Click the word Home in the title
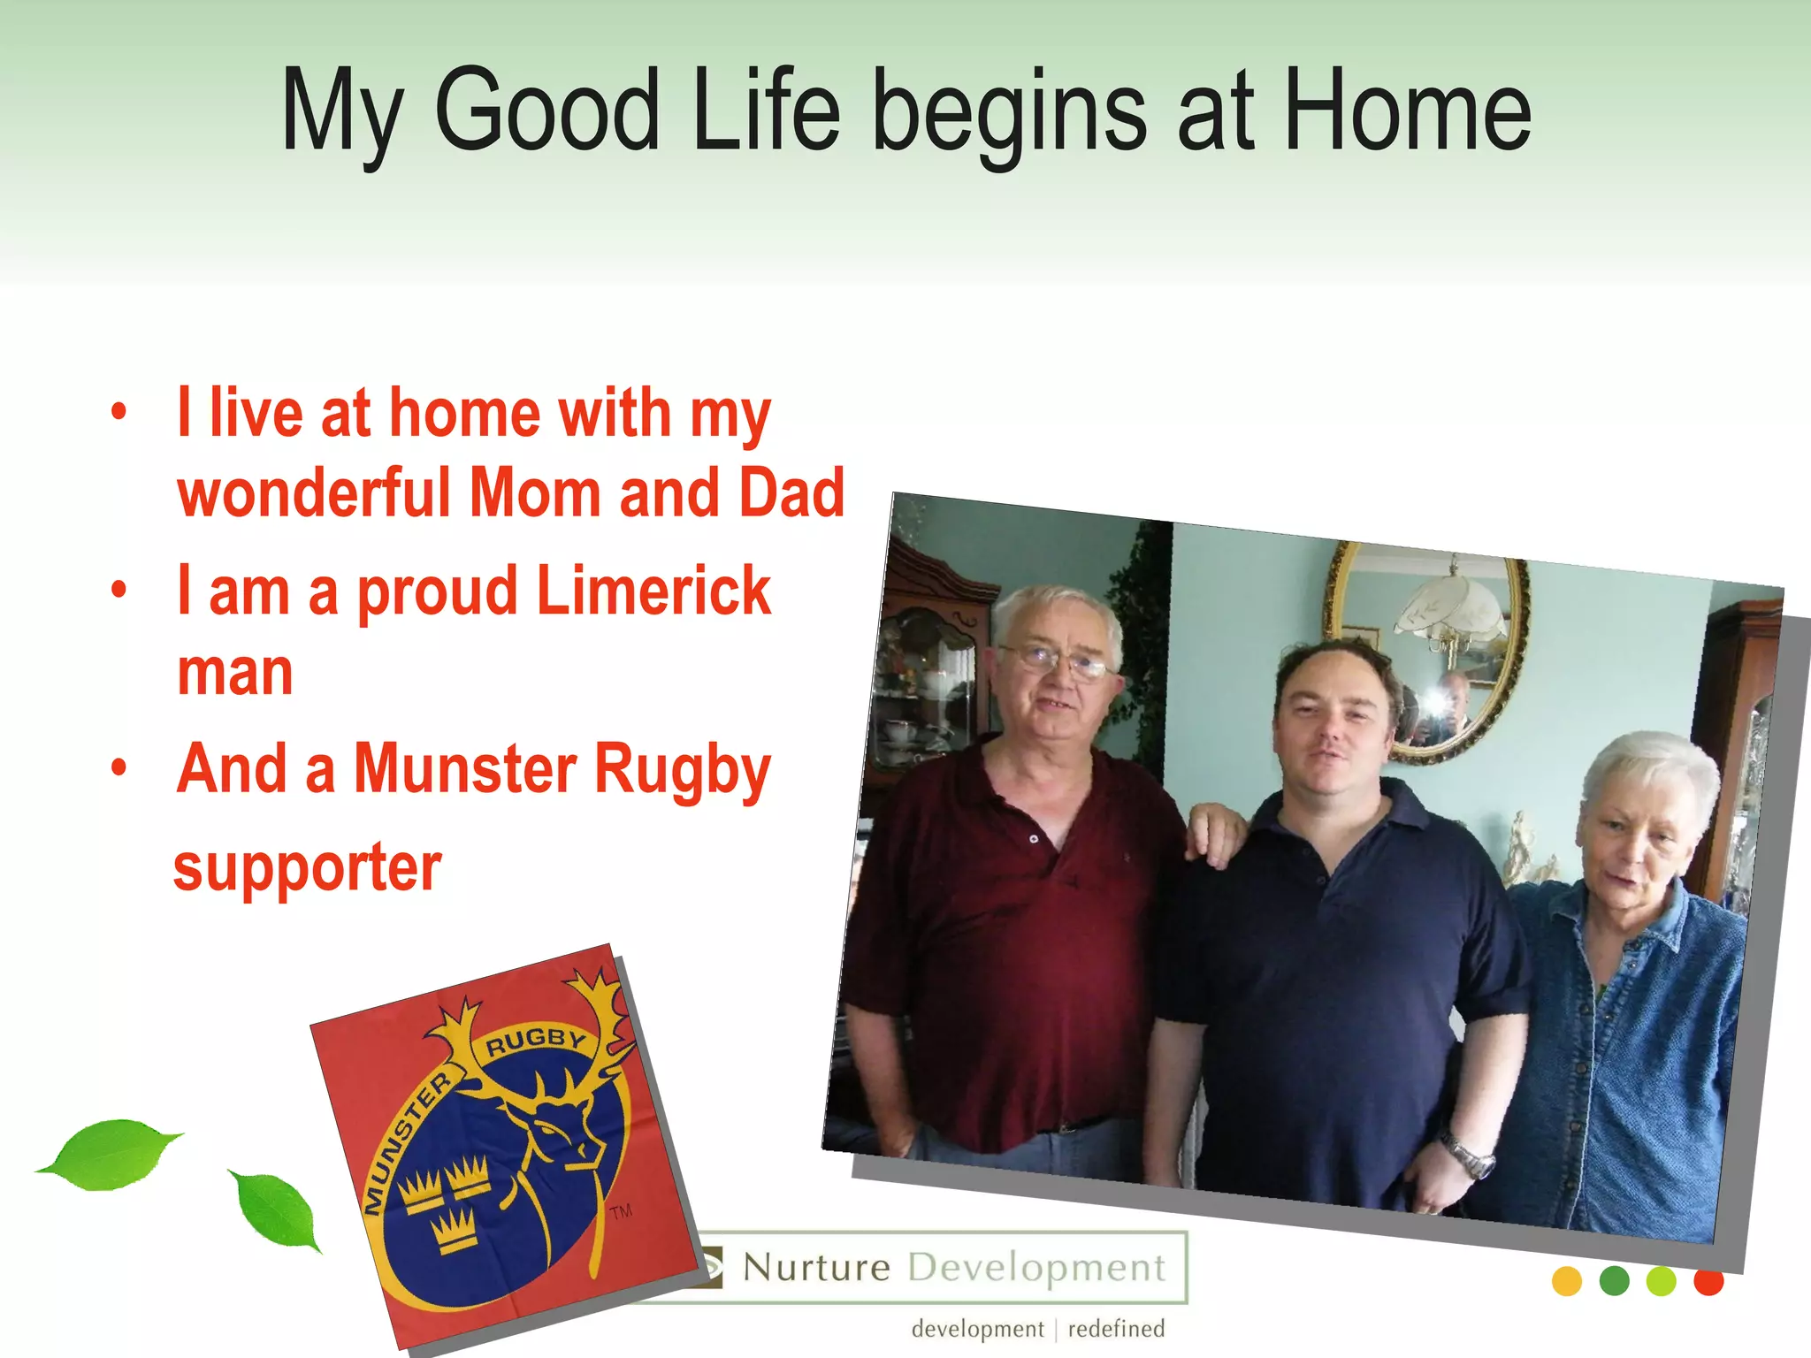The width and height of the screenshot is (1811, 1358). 1406,112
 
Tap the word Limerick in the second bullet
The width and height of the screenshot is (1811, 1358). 653,591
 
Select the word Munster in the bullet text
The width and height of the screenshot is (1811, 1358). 465,768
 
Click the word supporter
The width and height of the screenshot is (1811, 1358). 307,868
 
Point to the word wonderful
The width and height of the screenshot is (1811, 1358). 315,493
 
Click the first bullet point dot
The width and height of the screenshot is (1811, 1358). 119,412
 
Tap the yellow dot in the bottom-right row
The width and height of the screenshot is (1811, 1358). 1566,1281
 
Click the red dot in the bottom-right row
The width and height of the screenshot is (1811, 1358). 1708,1281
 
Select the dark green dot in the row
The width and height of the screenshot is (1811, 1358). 1614,1281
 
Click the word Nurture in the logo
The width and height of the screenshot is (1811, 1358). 816,1268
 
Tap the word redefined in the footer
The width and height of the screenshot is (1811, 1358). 1116,1329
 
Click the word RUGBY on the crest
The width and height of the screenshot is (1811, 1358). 535,1041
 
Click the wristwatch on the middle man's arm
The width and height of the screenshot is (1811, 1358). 1468,1155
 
